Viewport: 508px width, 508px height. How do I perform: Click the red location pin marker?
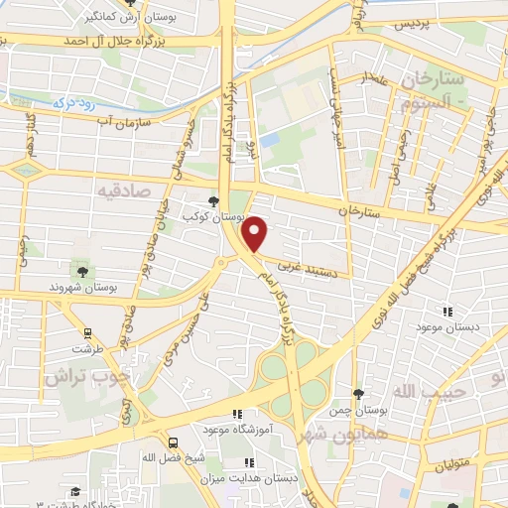(256, 233)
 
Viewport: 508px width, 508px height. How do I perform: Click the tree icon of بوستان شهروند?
(82, 271)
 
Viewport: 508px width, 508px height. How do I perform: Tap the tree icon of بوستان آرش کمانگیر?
(129, 3)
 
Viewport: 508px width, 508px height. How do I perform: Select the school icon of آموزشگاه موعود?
(235, 414)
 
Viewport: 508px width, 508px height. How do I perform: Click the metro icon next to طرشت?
(88, 334)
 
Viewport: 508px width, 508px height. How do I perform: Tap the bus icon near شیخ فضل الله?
(174, 444)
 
